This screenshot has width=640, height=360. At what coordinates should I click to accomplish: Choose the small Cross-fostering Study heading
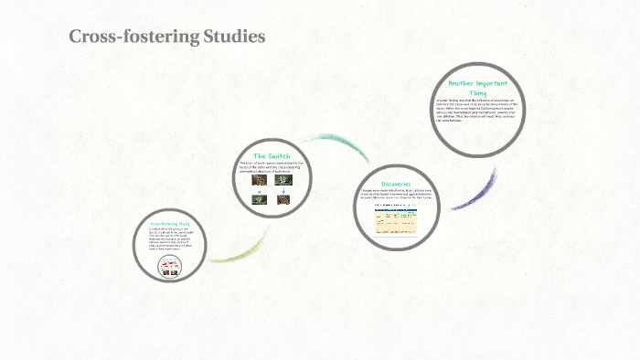[169, 223]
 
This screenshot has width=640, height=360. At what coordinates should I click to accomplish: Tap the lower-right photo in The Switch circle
[283, 199]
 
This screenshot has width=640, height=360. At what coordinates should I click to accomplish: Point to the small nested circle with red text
[169, 266]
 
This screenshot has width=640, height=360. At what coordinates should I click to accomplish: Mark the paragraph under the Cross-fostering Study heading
[169, 239]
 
